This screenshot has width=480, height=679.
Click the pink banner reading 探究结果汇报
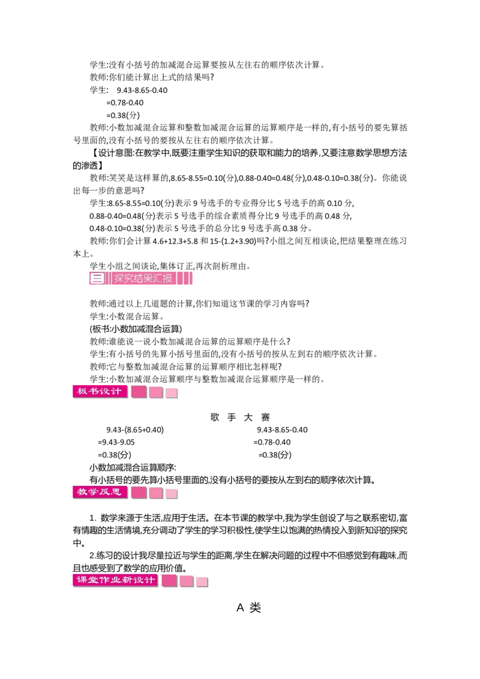(x=143, y=278)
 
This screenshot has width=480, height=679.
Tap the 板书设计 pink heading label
(x=100, y=392)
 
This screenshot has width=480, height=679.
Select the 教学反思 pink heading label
(x=100, y=492)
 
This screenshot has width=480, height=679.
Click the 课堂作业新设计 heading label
(x=115, y=580)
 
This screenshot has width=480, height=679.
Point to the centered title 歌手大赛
(x=240, y=417)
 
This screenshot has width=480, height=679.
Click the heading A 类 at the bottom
(x=248, y=608)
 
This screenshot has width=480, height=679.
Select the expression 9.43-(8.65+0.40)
(x=135, y=429)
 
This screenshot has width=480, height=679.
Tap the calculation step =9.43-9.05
(x=116, y=442)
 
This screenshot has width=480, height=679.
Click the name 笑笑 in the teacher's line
(x=118, y=178)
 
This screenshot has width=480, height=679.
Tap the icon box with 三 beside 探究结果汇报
(x=97, y=278)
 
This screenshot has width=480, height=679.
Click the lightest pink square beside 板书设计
(x=172, y=393)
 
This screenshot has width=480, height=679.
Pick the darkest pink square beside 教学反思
(x=139, y=493)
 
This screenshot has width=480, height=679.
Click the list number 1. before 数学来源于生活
(x=93, y=518)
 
